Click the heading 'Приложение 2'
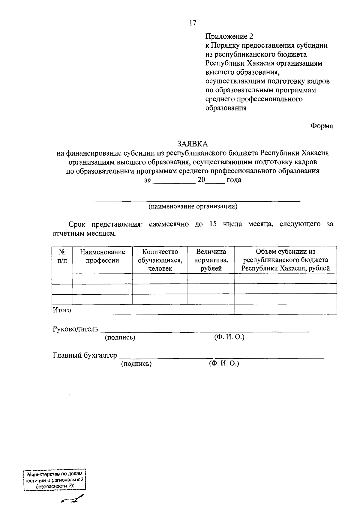(x=229, y=37)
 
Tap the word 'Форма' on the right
(x=322, y=126)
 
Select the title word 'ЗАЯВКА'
(x=193, y=144)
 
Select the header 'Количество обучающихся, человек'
(x=160, y=260)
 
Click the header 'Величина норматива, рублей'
(x=211, y=260)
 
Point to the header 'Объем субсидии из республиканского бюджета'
(x=286, y=260)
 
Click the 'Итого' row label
(x=62, y=310)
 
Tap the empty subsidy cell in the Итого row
(x=286, y=309)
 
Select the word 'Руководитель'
(x=76, y=329)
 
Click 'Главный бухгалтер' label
(x=85, y=356)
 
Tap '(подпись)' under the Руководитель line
(x=120, y=338)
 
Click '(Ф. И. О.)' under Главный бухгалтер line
(x=224, y=364)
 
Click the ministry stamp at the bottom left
(x=55, y=480)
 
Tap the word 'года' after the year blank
(x=234, y=180)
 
